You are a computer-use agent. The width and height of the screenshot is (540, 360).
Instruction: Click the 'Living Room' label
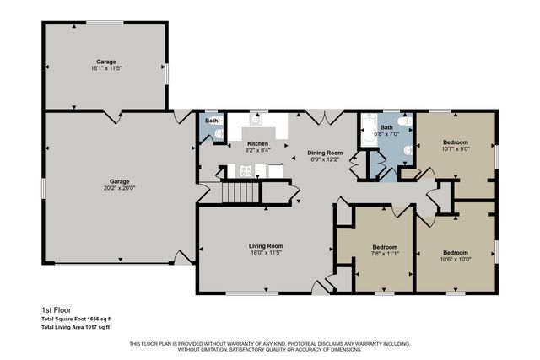pos(266,245)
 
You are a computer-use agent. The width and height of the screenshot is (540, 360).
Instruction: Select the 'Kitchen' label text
pos(257,144)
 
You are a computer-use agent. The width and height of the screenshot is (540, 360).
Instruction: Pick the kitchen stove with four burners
pos(246,171)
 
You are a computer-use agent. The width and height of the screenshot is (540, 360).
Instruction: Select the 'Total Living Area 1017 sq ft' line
pos(77,326)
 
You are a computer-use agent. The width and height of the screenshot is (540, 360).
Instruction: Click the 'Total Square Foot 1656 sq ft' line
pos(77,318)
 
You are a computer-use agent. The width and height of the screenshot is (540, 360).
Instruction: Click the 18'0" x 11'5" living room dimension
pos(266,253)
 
